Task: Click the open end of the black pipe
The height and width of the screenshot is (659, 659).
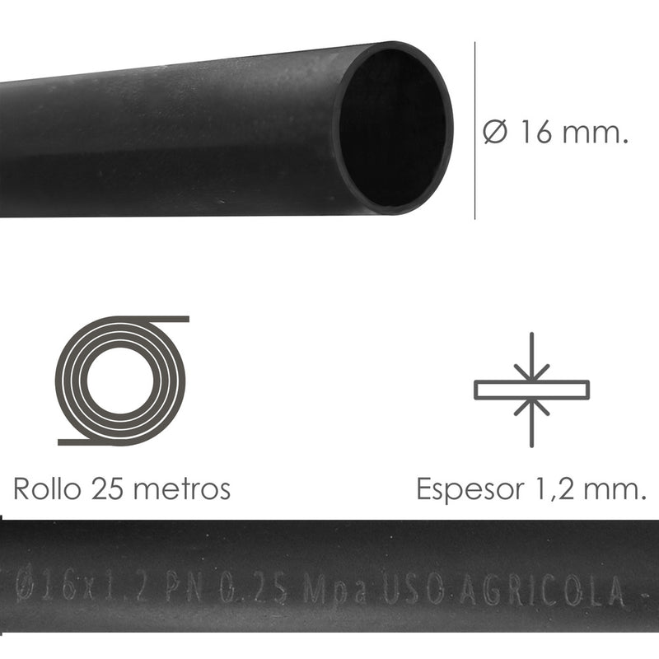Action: coord(395,128)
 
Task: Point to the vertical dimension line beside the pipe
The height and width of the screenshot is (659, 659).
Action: coord(475,132)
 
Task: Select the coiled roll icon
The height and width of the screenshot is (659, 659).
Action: coord(122,381)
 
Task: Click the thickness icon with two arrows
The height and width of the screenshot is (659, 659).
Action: coord(532,390)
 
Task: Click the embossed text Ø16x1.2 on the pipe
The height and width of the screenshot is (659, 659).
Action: coord(83,587)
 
